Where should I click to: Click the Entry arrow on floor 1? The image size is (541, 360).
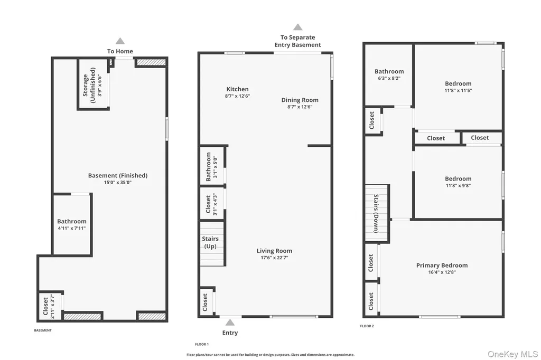[x=230, y=323]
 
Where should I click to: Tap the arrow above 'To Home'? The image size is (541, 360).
[x=120, y=41]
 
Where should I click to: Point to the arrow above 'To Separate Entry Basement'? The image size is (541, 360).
[x=298, y=27]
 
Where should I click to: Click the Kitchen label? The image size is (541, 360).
[x=237, y=89]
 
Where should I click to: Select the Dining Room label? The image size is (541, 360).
[x=300, y=100]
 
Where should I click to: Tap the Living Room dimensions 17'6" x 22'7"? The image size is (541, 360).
[x=274, y=258]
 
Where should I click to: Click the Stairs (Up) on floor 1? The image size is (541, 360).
[x=212, y=243]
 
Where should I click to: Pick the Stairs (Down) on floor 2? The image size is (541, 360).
[x=377, y=213]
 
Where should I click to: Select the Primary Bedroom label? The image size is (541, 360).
[x=442, y=265]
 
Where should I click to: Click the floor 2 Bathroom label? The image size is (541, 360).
[x=389, y=71]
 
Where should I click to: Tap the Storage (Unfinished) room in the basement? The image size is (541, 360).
[x=93, y=84]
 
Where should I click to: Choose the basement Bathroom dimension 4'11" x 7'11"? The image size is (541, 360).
[x=72, y=228]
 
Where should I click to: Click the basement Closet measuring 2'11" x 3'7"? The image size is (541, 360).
[x=50, y=306]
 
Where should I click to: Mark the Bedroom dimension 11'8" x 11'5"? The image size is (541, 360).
[x=458, y=90]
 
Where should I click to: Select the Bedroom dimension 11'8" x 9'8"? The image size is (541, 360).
[x=458, y=185]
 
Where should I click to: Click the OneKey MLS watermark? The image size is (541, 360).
[x=512, y=354]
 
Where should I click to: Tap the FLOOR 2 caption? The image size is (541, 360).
[x=367, y=326]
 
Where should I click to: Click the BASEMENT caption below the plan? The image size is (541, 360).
[x=43, y=330]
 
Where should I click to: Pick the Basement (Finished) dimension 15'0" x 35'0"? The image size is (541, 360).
[x=118, y=183]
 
